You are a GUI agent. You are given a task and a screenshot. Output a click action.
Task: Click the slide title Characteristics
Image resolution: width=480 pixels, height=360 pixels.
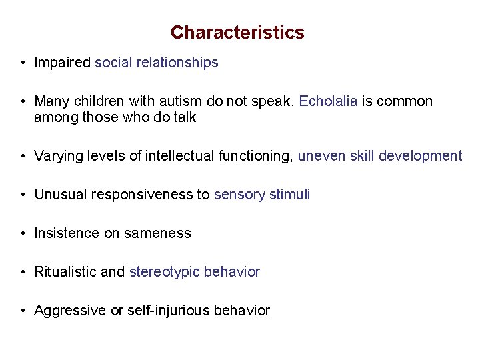tap(237, 33)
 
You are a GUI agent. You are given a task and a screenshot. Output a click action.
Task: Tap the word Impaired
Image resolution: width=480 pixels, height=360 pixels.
tap(62, 63)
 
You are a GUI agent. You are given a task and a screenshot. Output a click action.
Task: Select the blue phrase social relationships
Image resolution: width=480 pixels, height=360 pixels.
tap(157, 63)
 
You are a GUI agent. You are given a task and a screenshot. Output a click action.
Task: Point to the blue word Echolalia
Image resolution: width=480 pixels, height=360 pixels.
tap(329, 102)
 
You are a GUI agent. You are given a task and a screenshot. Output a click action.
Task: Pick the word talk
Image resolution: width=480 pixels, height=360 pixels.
tap(183, 118)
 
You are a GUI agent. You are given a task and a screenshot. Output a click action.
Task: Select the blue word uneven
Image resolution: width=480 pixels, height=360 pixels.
tap(319, 157)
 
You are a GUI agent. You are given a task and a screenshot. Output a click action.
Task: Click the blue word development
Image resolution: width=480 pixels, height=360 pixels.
tap(420, 157)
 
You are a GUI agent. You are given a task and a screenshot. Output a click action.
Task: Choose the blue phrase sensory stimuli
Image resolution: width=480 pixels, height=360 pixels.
tap(262, 195)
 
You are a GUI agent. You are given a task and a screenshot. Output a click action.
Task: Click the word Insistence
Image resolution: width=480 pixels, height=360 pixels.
tap(65, 233)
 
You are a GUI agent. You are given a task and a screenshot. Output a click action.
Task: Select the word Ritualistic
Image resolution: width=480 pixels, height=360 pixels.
tap(65, 272)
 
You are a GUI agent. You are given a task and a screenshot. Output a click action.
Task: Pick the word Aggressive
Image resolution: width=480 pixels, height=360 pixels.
tap(69, 311)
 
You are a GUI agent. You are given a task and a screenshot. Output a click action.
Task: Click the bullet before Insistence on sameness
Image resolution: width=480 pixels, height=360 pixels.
tap(23, 234)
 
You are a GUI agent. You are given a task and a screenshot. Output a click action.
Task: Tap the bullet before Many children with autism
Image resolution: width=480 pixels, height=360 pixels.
tap(23, 102)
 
